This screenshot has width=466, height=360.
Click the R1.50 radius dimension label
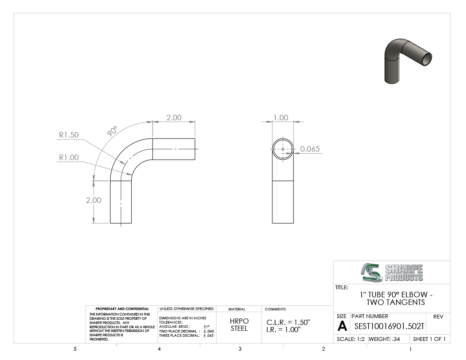click(x=69, y=135)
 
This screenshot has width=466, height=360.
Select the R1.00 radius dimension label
click(x=69, y=158)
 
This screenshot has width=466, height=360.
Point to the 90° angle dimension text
click(x=112, y=131)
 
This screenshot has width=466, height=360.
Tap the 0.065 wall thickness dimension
click(x=310, y=149)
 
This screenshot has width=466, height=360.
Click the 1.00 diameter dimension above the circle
click(x=281, y=118)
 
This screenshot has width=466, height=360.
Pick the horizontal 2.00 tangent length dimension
click(x=174, y=118)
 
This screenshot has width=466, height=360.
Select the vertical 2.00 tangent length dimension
click(x=94, y=200)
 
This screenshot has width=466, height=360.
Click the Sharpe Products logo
click(x=392, y=272)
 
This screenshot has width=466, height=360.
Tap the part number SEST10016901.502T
click(x=389, y=327)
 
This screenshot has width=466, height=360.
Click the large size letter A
click(x=342, y=327)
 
